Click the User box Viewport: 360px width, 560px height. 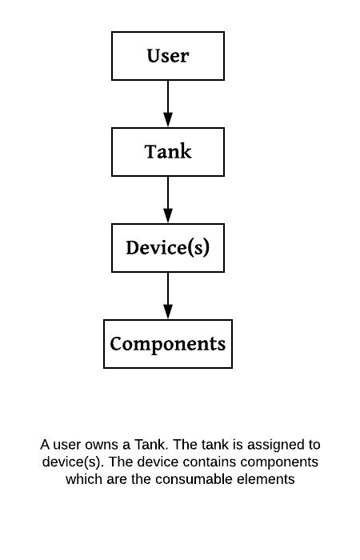168,56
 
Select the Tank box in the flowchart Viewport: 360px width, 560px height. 168,152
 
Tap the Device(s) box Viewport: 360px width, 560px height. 168,248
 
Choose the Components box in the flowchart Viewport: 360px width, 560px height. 168,344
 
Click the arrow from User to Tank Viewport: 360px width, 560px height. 168,103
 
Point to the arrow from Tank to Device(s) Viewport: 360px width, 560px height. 168,200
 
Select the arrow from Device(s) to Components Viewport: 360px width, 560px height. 168,296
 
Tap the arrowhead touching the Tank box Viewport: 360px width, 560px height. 168,120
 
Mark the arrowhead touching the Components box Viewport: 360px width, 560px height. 168,312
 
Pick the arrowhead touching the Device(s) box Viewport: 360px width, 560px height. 168,216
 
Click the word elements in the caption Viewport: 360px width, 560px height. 270,479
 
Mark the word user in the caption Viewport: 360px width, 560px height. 67,446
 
